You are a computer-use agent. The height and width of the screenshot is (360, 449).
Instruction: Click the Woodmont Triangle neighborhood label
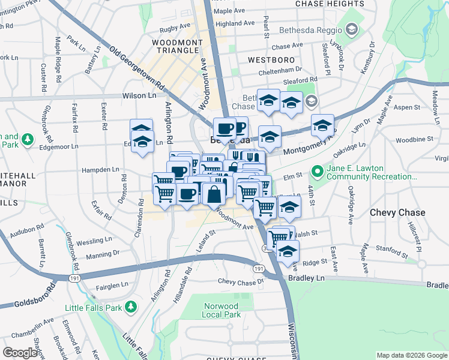[x=175, y=46]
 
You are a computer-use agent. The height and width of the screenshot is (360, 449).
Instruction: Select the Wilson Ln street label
[x=139, y=95]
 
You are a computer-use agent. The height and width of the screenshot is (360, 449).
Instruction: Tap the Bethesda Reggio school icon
[x=351, y=29]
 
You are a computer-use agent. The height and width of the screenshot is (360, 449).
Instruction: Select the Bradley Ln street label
[x=306, y=278]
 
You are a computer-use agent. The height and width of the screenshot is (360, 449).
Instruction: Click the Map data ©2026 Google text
[x=411, y=355]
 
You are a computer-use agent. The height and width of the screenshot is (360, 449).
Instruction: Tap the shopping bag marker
[x=214, y=194]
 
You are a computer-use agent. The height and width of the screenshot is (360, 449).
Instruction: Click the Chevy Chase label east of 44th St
[x=397, y=212]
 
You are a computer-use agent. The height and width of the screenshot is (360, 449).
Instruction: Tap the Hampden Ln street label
[x=99, y=170]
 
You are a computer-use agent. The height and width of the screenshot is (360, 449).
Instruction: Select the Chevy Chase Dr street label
[x=241, y=281]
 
